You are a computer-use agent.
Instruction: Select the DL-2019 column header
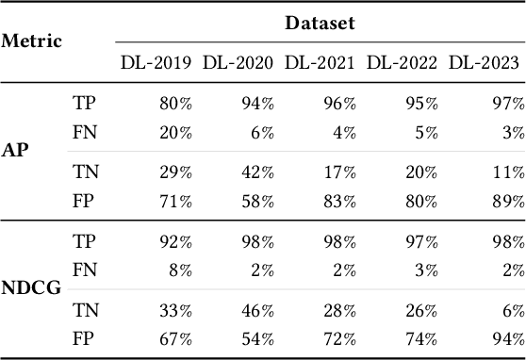156,64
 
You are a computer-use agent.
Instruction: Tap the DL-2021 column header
321,64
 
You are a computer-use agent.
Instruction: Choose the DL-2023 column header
484,64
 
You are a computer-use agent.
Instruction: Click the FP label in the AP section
83,200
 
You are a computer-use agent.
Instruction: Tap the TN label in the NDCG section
84,312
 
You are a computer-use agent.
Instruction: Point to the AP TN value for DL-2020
257,172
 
